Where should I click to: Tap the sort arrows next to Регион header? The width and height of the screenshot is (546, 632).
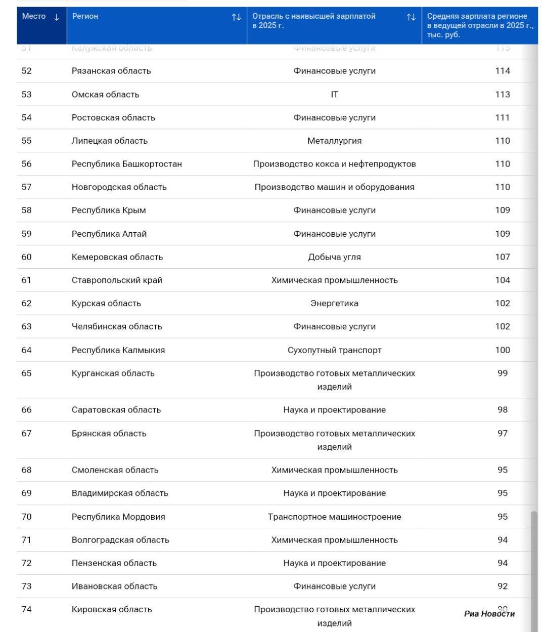point(236,17)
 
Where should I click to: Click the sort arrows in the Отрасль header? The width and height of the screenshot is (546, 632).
point(411,17)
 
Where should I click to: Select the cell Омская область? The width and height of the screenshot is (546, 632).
point(105,94)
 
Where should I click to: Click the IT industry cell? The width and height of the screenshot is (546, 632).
point(334,94)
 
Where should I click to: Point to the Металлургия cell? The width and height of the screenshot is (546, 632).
point(334,141)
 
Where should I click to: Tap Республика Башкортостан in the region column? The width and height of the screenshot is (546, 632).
point(126,164)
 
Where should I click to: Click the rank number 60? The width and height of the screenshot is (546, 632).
point(26,257)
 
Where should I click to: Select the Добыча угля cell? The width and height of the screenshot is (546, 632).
point(334,257)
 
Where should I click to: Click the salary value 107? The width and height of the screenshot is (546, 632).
point(503,257)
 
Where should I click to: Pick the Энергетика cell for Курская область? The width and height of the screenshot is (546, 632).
point(334,304)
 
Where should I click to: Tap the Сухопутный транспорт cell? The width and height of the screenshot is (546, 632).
point(334,350)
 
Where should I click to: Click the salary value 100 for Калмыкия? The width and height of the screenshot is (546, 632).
point(503,350)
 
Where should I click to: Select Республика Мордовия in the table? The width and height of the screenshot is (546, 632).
point(118,517)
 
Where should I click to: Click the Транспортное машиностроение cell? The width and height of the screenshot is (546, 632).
point(334,517)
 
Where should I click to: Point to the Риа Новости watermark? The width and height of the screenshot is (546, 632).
point(489,614)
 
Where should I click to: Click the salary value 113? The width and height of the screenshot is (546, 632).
point(503,94)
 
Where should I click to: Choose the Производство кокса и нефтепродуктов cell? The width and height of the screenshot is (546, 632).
point(334,164)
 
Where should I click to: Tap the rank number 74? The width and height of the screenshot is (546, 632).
point(26,609)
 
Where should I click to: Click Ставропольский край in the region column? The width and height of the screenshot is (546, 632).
point(117,280)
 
